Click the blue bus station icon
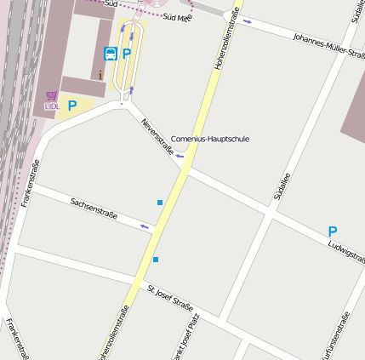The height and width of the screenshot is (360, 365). (x=111, y=54)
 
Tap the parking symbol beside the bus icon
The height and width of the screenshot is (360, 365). (x=127, y=54)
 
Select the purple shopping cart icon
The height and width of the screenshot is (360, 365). (x=51, y=95)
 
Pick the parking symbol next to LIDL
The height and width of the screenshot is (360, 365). (x=72, y=106)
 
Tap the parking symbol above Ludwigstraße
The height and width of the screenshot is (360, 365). (x=333, y=231)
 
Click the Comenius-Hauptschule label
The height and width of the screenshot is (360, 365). (x=210, y=139)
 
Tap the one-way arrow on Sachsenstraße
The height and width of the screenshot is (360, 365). (x=145, y=226)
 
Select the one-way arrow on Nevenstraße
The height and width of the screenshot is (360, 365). (x=180, y=157)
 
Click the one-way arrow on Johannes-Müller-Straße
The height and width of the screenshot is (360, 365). (x=247, y=20)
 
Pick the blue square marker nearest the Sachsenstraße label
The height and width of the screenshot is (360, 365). (x=160, y=203)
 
